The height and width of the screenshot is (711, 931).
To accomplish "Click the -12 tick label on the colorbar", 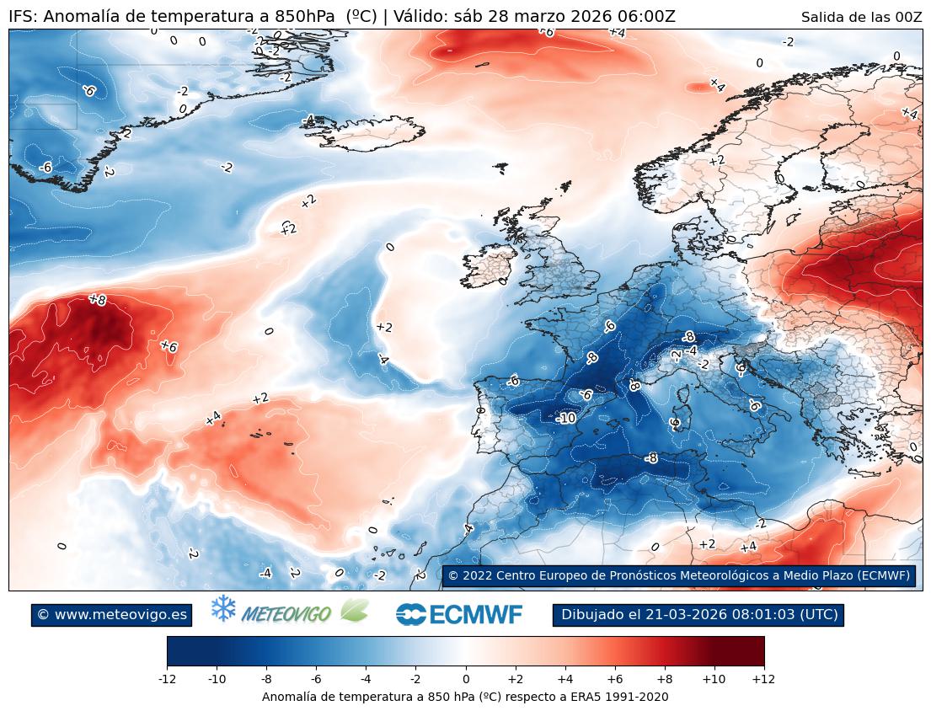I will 167,678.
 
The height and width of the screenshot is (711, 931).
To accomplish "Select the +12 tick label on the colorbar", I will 763,678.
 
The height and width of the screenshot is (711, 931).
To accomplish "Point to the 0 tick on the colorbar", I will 465,678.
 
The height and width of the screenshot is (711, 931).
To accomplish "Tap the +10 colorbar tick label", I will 714,678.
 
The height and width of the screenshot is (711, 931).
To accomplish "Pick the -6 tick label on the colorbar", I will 316,678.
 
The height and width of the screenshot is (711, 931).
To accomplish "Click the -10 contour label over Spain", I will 566,418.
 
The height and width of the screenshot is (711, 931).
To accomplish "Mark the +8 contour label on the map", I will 98,299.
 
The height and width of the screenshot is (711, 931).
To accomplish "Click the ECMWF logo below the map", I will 459,615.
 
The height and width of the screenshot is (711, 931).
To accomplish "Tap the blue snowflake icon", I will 223,608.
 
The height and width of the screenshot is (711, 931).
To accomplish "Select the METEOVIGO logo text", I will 286,615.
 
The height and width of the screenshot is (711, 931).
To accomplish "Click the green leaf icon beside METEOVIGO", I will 354,611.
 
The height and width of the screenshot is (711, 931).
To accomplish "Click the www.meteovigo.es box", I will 112,615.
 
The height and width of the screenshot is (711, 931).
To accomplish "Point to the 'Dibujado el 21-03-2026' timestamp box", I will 698,615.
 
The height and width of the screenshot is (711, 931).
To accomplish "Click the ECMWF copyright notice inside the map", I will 678,575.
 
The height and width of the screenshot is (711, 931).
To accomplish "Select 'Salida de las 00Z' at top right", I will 861,17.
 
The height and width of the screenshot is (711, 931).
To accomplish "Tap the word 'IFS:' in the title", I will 23,17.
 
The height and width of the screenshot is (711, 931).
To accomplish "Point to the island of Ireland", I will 488,268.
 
